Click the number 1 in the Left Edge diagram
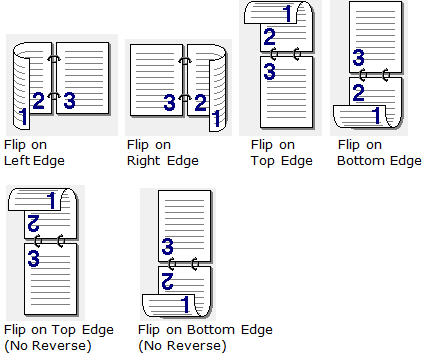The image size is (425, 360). [x=23, y=117]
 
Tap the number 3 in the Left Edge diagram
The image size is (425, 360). [x=69, y=100]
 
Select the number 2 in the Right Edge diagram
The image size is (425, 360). [x=201, y=102]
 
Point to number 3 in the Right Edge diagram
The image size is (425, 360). [x=169, y=102]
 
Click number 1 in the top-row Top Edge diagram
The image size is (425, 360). [x=288, y=14]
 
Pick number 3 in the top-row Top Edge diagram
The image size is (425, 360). [x=269, y=71]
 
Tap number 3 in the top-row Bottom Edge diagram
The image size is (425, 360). [x=358, y=57]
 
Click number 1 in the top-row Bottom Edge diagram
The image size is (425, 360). [x=376, y=115]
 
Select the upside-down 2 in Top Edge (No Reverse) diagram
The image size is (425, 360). [x=34, y=223]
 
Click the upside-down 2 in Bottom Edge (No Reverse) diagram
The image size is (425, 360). [x=168, y=281]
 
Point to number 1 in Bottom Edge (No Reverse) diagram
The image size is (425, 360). [x=185, y=304]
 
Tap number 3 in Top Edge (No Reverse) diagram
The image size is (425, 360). [x=34, y=259]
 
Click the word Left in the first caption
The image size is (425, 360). [x=17, y=161]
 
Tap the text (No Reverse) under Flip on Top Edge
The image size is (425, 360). [x=48, y=346]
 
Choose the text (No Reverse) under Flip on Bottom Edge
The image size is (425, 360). [x=182, y=346]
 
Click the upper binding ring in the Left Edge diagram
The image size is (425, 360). [x=54, y=59]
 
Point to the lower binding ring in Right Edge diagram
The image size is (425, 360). [x=185, y=98]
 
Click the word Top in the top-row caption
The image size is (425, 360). [x=263, y=161]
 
